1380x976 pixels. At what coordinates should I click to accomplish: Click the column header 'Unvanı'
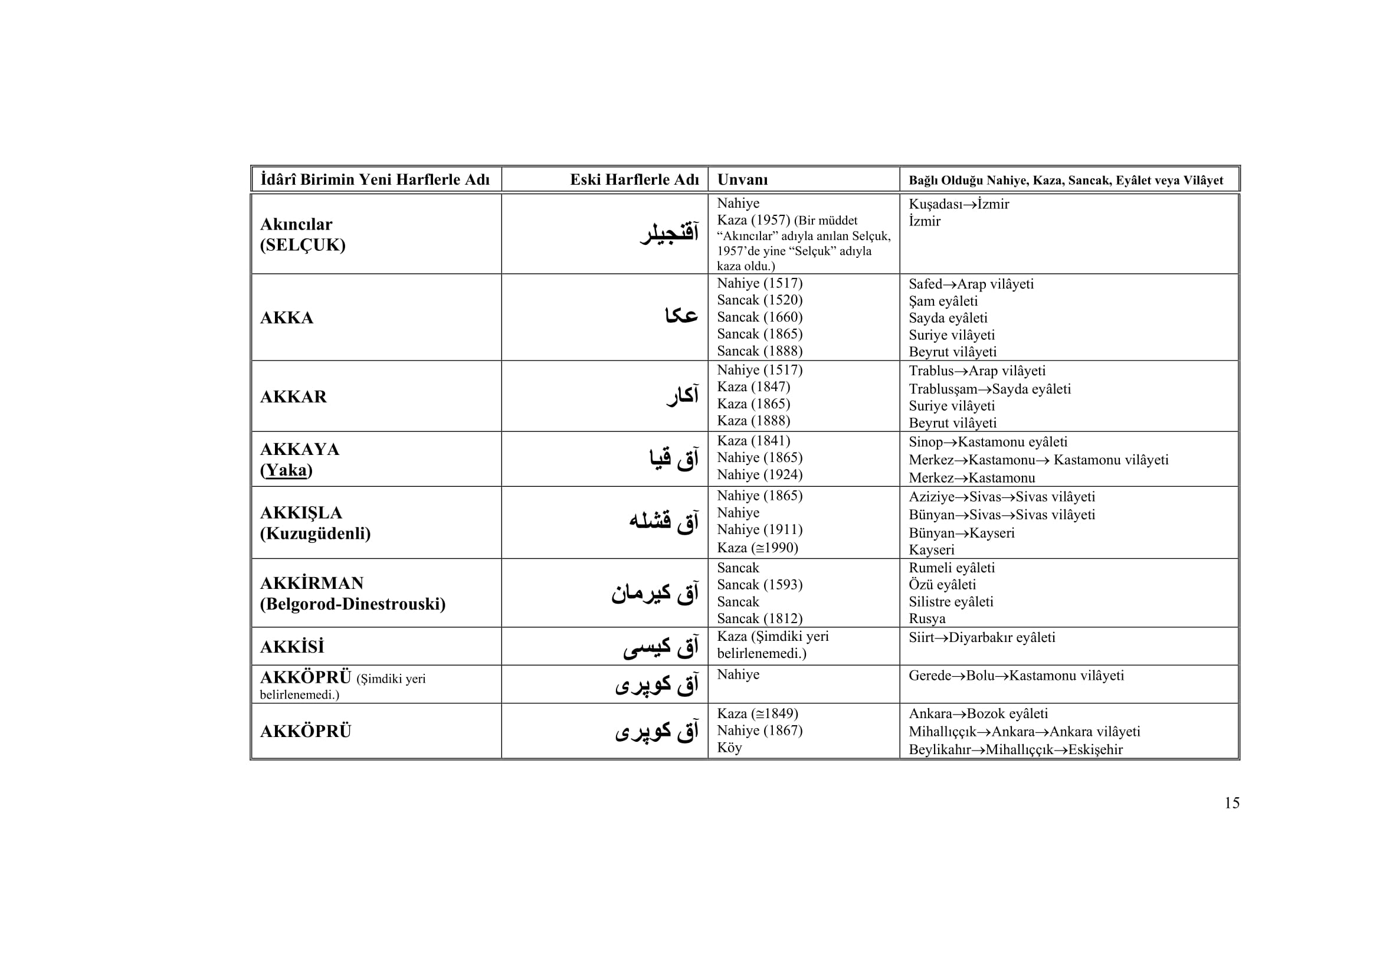pos(742,180)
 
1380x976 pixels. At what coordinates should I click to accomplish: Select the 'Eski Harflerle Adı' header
pos(634,180)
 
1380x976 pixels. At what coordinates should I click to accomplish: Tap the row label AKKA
pos(287,318)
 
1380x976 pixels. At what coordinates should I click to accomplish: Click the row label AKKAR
pos(293,397)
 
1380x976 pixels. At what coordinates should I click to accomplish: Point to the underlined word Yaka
pos(286,470)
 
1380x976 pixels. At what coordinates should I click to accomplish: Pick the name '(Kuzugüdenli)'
pos(315,533)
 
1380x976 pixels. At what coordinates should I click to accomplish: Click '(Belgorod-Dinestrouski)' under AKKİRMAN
pos(353,604)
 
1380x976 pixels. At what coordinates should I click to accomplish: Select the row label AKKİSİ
pos(292,647)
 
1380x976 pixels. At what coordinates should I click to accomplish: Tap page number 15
pos(1231,803)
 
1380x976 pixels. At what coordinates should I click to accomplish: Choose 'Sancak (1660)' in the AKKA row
pos(760,317)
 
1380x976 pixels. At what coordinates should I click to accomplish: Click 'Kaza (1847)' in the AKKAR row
pos(753,387)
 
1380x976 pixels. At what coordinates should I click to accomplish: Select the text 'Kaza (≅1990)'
pos(758,548)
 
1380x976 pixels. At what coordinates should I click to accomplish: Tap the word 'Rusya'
pos(927,618)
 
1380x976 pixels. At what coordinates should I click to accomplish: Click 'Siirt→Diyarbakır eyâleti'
pos(982,638)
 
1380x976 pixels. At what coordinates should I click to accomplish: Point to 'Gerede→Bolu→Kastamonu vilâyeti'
pos(1016,676)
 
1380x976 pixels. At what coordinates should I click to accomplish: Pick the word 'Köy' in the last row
pos(729,748)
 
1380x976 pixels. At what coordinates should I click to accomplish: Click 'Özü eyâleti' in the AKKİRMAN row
pos(942,585)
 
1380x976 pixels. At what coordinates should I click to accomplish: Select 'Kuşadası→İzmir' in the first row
pos(959,204)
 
